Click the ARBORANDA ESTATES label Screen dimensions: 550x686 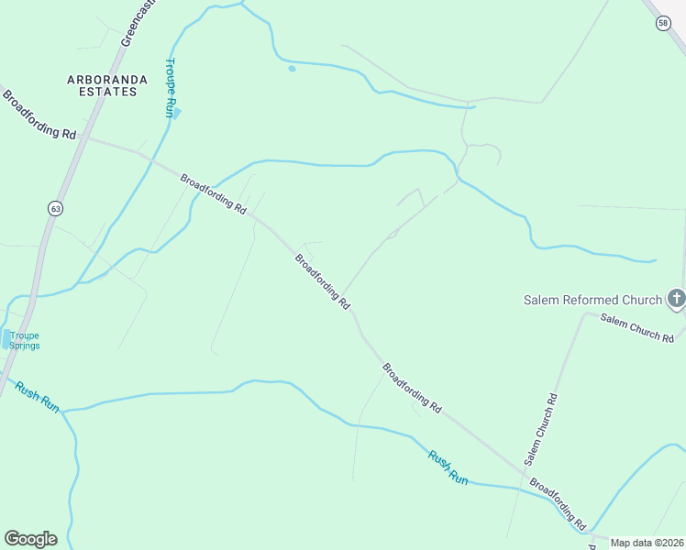point(106,85)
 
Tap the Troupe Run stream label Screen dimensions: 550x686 point(169,88)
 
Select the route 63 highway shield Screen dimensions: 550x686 point(56,209)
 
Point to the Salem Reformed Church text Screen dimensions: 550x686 point(592,300)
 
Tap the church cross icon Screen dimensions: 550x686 point(676,298)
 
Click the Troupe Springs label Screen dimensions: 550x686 point(25,340)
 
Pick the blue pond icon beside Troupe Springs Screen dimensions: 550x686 point(7,340)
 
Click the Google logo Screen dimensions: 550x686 point(30,539)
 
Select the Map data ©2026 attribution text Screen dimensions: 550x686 point(646,543)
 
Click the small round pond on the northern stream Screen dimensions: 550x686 point(292,68)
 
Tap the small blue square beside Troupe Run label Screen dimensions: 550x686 point(177,113)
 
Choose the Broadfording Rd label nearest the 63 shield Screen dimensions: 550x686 point(39,115)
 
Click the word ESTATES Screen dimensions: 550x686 point(106,92)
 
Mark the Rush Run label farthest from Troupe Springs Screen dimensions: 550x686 point(448,467)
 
